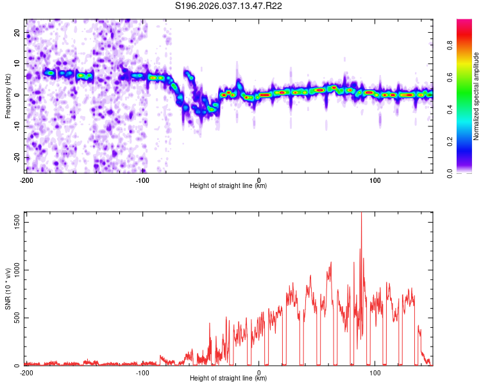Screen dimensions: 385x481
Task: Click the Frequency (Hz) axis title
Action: [x=8, y=94]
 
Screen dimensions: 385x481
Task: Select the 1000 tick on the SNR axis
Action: [x=13, y=270]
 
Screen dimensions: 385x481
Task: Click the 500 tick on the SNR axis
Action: [x=15, y=318]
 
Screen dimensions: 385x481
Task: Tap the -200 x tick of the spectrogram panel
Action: [x=26, y=180]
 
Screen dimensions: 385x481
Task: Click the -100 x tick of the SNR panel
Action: [x=142, y=372]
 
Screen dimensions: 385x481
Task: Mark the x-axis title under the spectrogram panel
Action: [x=228, y=186]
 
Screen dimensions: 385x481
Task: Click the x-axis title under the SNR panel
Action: [x=228, y=379]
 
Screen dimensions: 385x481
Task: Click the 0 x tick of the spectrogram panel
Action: [x=258, y=180]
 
